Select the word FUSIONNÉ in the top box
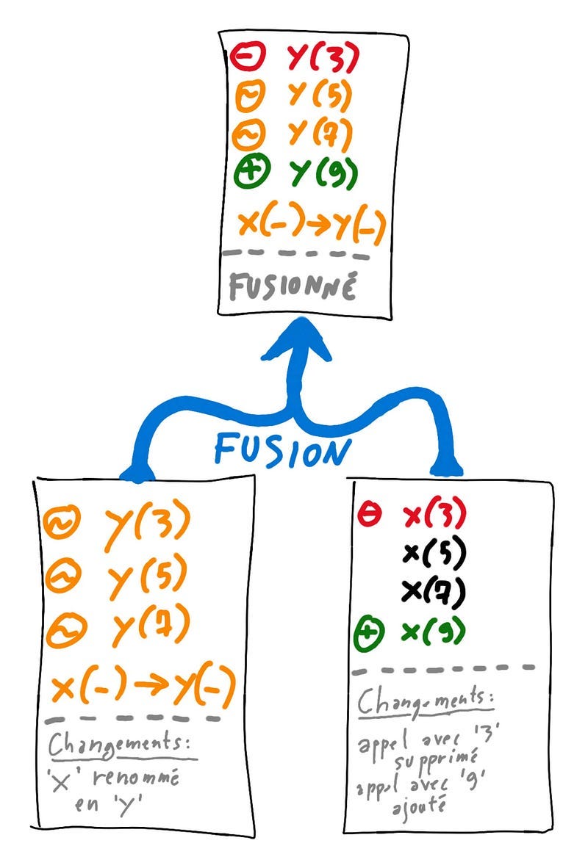pos(292,286)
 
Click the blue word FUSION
pos(279,449)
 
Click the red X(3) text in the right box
pos(434,515)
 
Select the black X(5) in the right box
pos(434,554)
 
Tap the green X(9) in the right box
pos(434,632)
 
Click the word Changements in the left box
pos(122,744)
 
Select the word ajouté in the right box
pos(420,806)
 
